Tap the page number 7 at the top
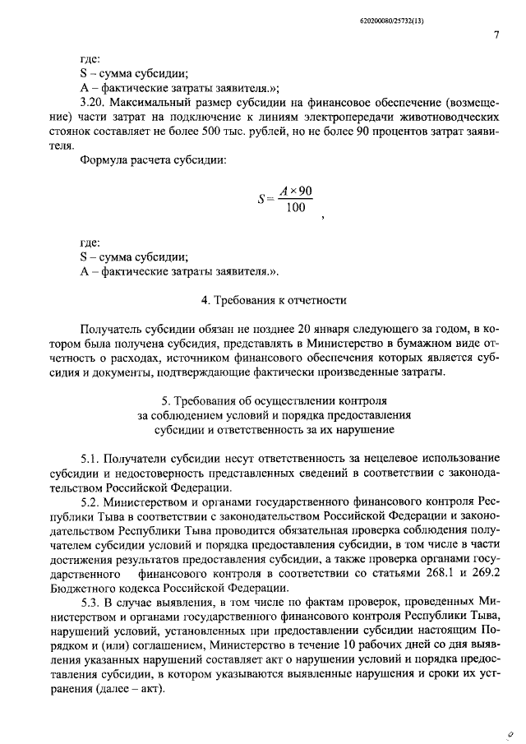(x=496, y=35)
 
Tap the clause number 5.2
(x=90, y=500)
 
